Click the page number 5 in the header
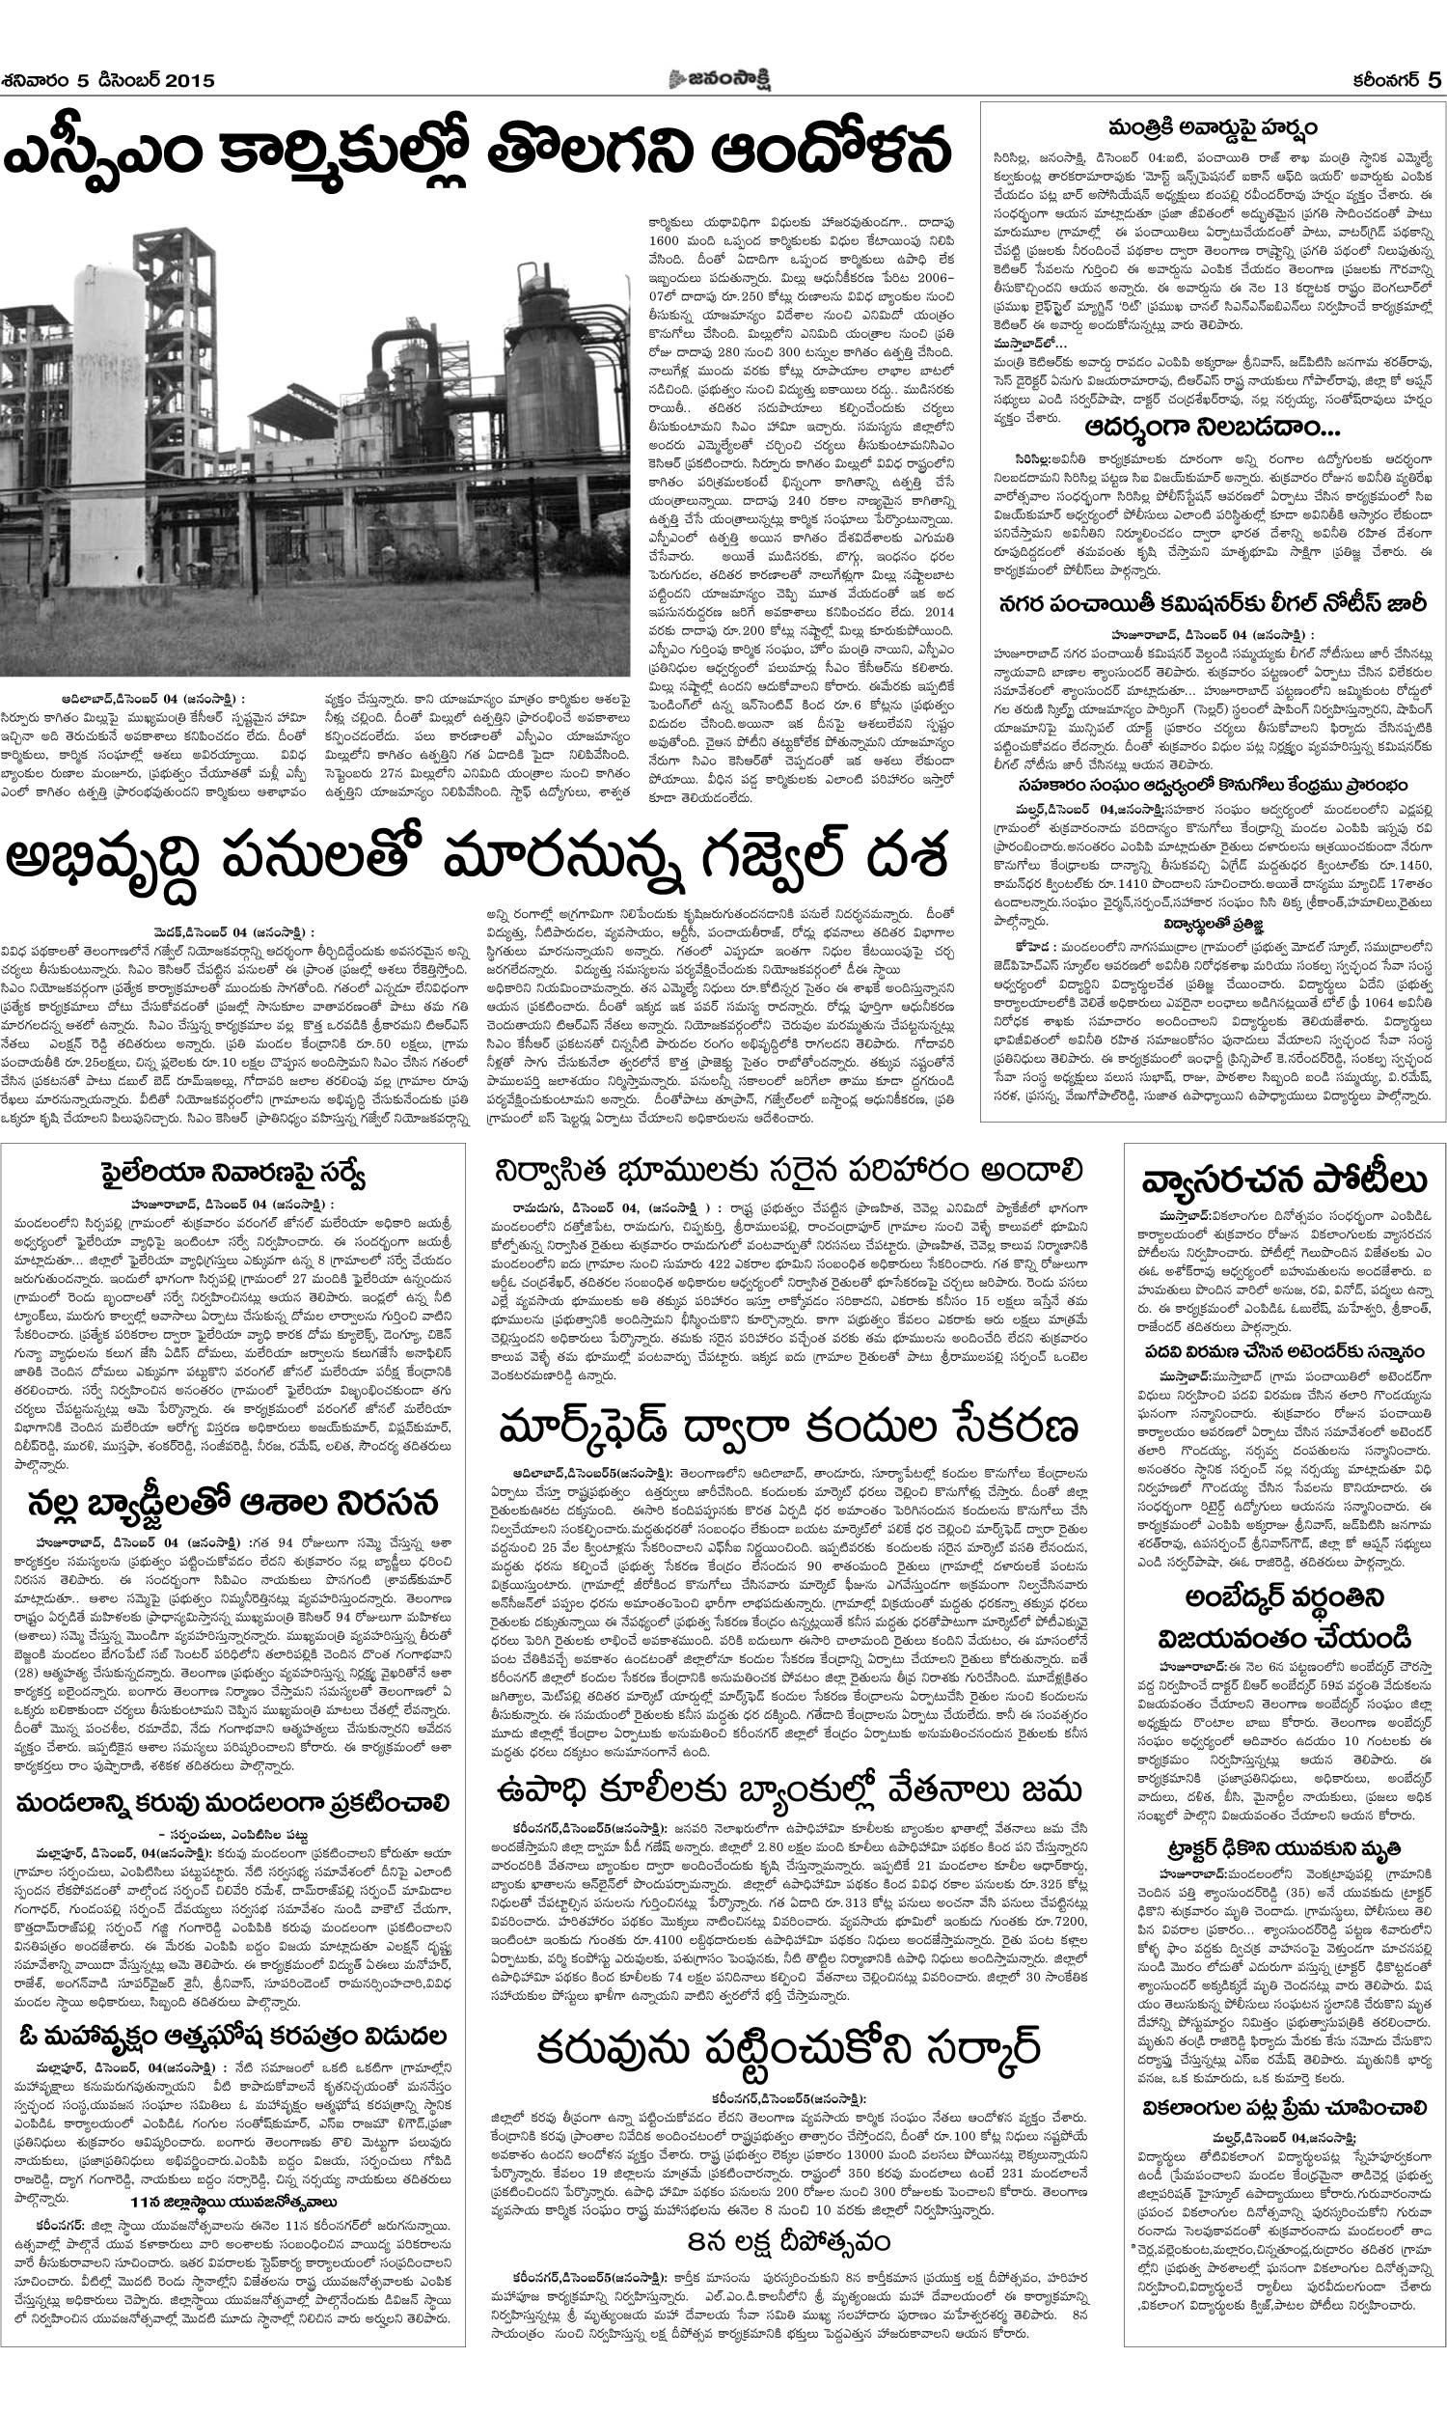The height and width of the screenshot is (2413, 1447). (x=1433, y=80)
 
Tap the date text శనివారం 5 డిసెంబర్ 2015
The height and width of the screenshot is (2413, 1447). (x=108, y=81)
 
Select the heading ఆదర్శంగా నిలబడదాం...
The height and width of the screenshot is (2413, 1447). (x=1212, y=429)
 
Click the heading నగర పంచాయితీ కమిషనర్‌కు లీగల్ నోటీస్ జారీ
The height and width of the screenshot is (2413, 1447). (x=1212, y=605)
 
